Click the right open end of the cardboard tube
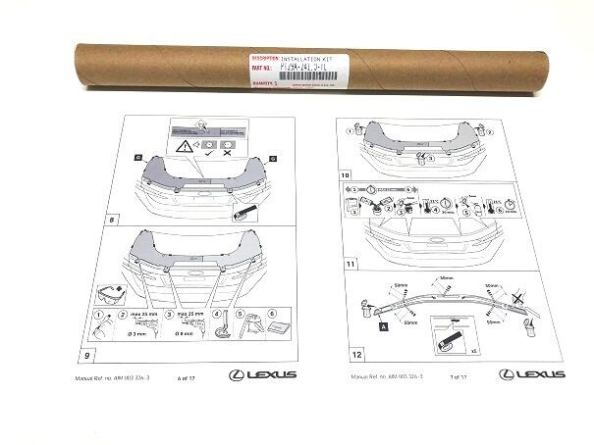519,58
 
